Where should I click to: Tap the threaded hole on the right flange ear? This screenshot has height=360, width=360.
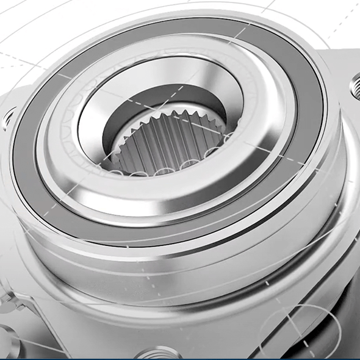tap(356, 85)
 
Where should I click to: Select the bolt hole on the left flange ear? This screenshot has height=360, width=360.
tap(9, 116)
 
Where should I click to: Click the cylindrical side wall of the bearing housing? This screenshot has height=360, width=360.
tap(183, 268)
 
